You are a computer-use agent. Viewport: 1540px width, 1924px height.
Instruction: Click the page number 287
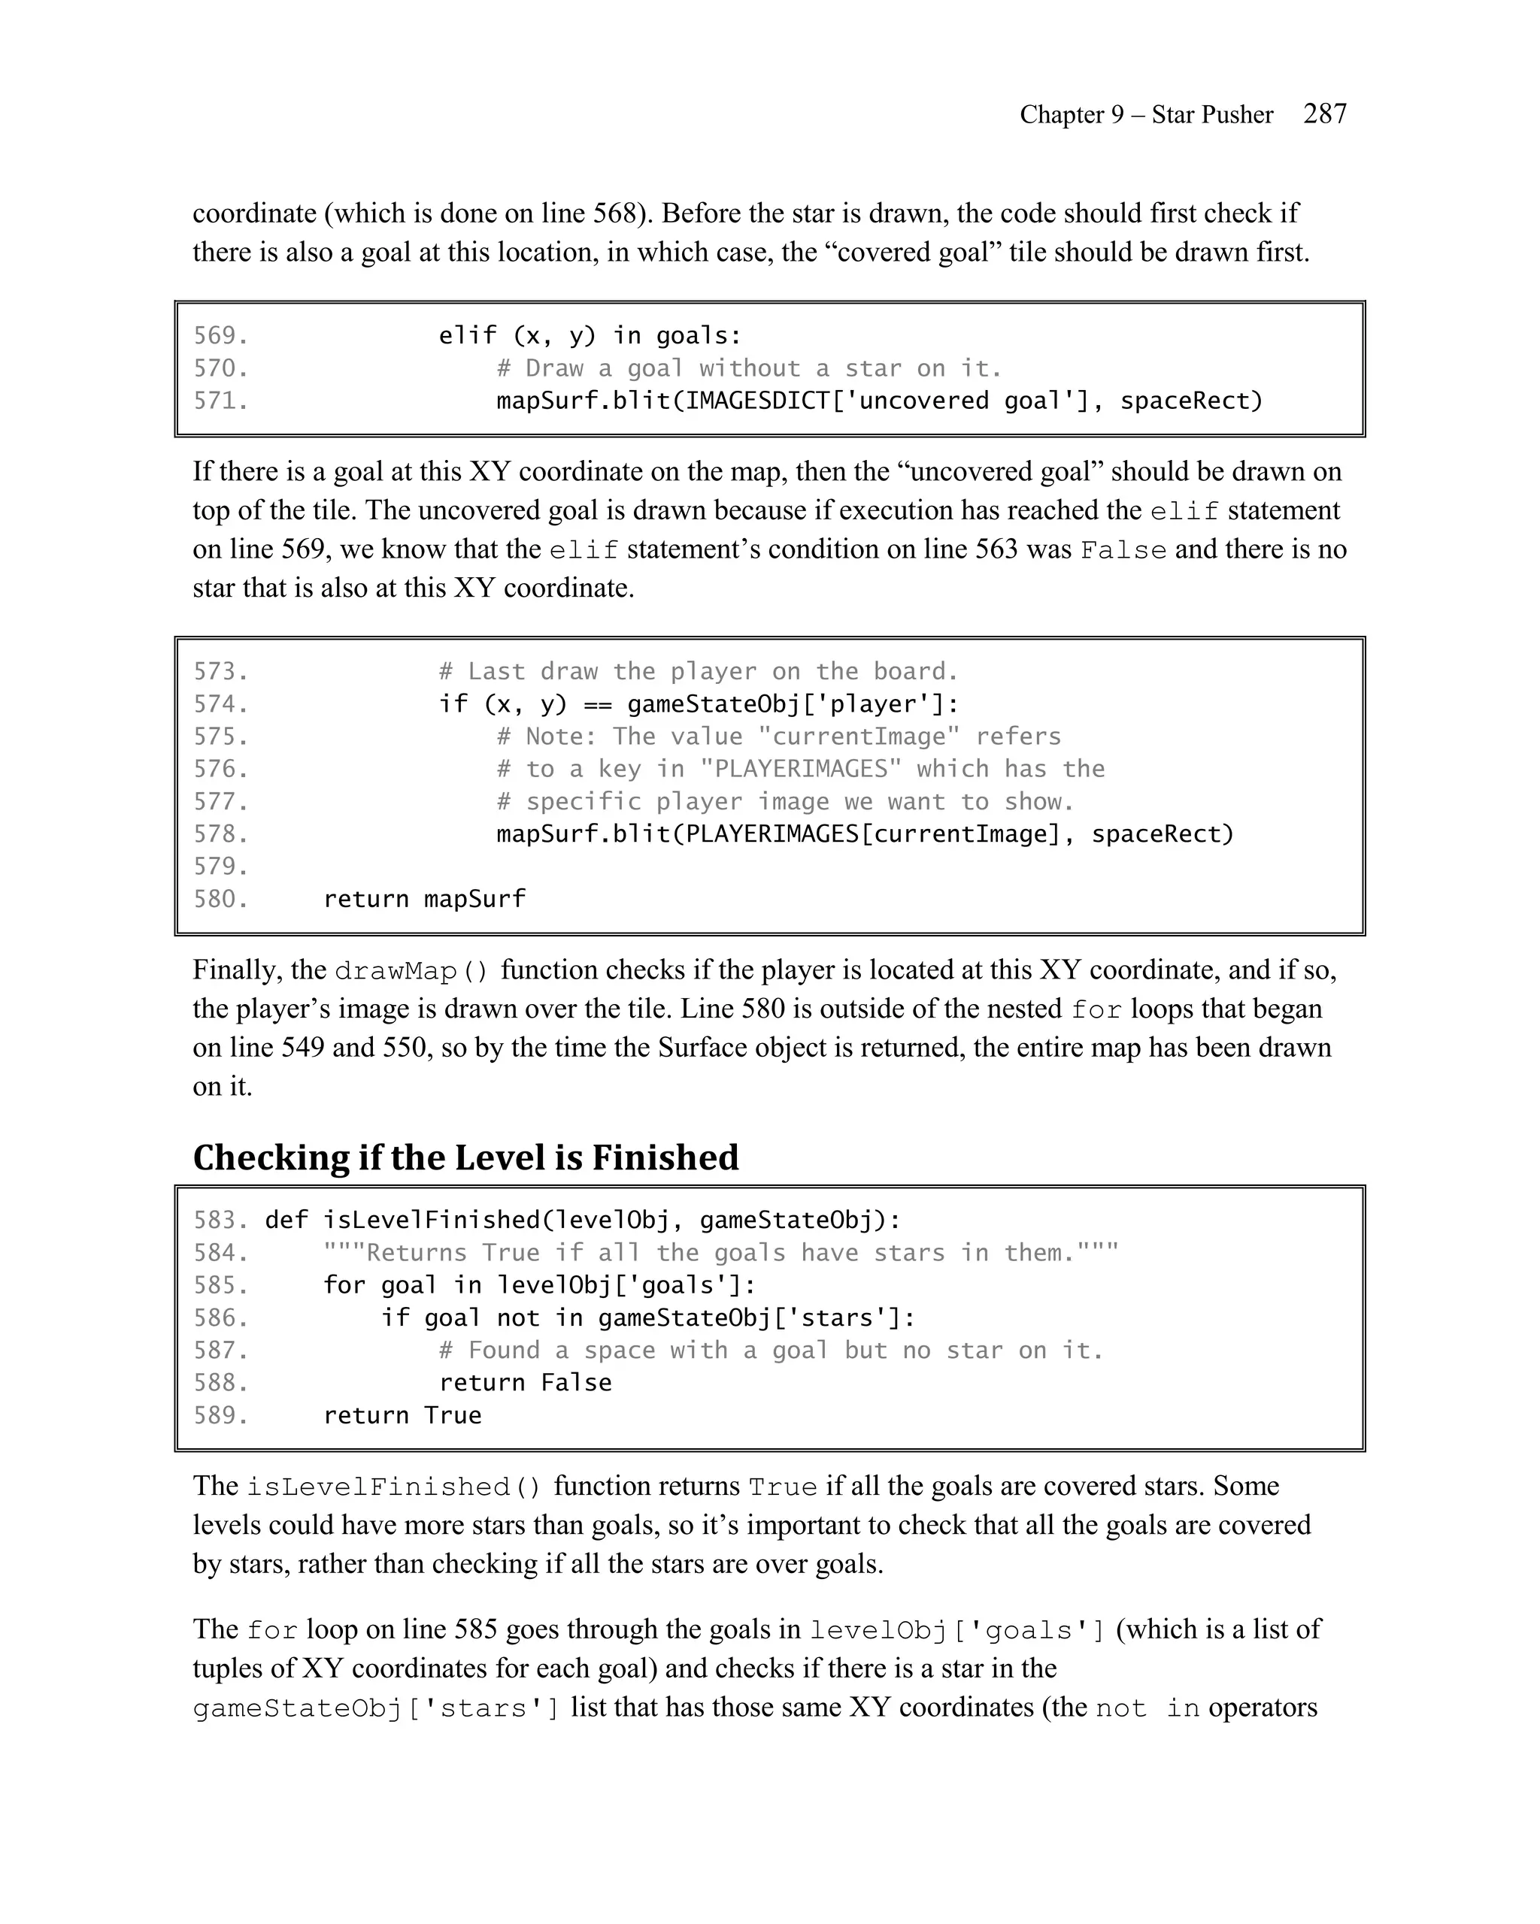coord(1325,113)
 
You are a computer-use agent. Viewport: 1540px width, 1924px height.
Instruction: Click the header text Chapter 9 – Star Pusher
coord(1145,114)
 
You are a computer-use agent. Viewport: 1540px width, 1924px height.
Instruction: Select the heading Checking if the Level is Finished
coord(465,1157)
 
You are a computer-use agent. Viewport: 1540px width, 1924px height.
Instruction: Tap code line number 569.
coord(220,335)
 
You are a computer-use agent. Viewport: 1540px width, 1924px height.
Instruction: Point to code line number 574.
coord(220,704)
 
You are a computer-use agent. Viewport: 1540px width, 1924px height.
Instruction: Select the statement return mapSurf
coord(424,899)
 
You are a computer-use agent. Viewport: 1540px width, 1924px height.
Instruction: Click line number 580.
coord(220,899)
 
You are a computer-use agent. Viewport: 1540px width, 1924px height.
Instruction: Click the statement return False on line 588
coord(525,1382)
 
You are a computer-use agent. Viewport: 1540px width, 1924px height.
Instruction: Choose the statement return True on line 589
coord(402,1415)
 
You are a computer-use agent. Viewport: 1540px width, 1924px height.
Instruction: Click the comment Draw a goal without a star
coord(748,368)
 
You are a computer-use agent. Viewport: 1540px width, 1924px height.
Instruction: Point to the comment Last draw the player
coord(697,671)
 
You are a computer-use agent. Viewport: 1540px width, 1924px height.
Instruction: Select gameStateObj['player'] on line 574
coord(792,704)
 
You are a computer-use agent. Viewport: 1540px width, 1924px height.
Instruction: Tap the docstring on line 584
coord(720,1253)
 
